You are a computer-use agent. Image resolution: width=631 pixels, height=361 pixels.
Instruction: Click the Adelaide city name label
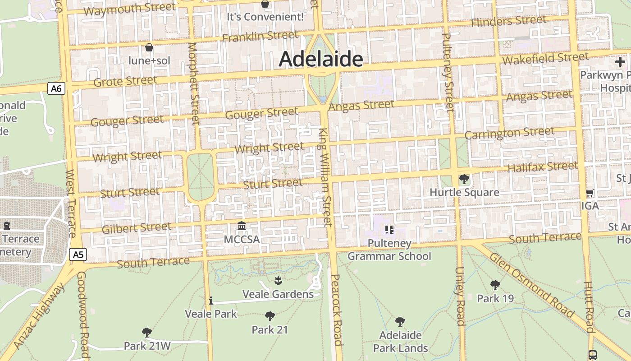click(321, 59)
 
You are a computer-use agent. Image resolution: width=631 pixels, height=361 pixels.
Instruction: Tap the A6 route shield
click(56, 88)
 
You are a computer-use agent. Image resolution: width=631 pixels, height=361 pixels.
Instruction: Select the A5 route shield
click(78, 255)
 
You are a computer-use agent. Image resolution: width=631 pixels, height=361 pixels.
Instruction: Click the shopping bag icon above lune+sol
click(149, 47)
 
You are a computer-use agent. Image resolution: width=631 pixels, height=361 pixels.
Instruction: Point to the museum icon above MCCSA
click(242, 226)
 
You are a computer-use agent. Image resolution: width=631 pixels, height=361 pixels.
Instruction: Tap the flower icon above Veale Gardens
click(278, 281)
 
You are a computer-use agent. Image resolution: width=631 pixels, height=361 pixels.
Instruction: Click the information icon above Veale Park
click(210, 301)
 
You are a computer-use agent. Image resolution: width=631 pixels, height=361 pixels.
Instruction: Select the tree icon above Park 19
click(495, 285)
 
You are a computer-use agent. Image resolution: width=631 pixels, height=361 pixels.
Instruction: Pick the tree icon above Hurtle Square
click(464, 179)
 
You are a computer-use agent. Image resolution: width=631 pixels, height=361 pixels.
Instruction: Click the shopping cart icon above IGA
click(590, 193)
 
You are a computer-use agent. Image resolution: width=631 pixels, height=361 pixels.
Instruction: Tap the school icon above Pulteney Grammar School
click(389, 230)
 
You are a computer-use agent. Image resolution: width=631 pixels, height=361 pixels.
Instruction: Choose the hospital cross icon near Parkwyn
click(620, 62)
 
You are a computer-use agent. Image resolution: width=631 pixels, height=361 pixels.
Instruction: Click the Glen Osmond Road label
click(532, 285)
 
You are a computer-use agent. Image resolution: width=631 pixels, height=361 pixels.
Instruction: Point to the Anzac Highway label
click(40, 316)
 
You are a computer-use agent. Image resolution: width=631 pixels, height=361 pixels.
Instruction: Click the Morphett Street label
click(194, 83)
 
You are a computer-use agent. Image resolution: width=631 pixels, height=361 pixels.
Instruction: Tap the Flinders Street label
click(508, 21)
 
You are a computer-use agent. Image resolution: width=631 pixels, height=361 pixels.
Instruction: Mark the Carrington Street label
click(509, 133)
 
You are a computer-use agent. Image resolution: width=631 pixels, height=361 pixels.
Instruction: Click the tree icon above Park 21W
click(146, 333)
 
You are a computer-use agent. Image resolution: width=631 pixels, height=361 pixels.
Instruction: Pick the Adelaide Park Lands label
click(400, 342)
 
